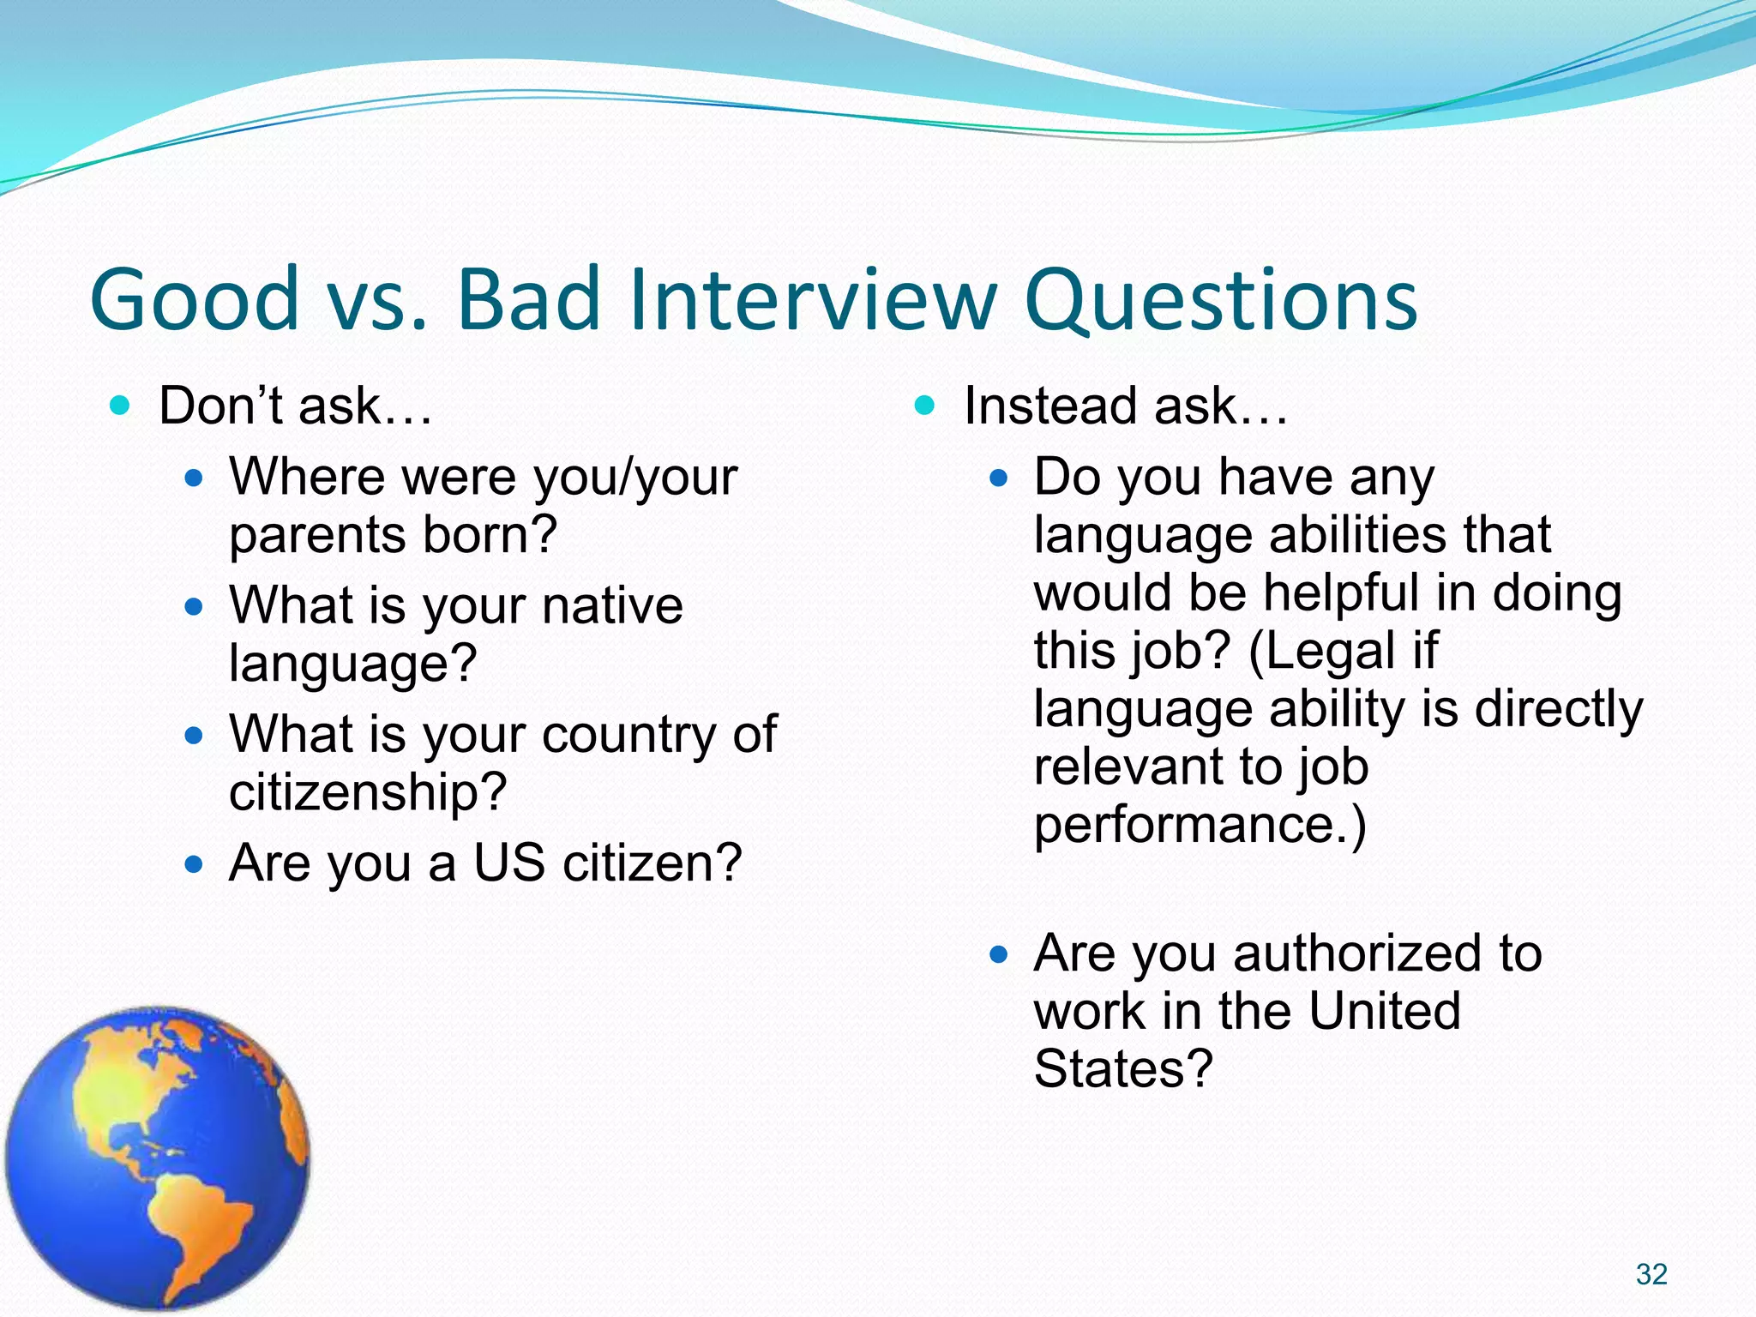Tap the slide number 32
[1651, 1274]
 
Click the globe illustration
[158, 1158]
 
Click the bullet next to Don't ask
[121, 405]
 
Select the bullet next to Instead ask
[924, 405]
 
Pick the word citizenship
[368, 791]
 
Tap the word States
[1122, 1069]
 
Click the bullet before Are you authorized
[997, 953]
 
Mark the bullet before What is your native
[195, 606]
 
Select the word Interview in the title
[812, 299]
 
